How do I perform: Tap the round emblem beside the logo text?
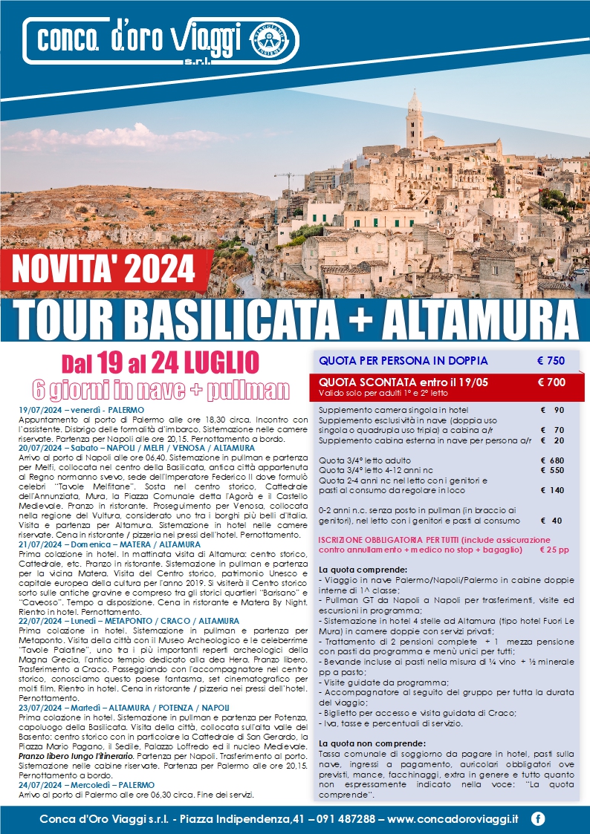tap(276, 38)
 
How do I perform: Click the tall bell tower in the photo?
tap(414, 123)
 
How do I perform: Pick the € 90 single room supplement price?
tap(553, 410)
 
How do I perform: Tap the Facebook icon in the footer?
tap(538, 818)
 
